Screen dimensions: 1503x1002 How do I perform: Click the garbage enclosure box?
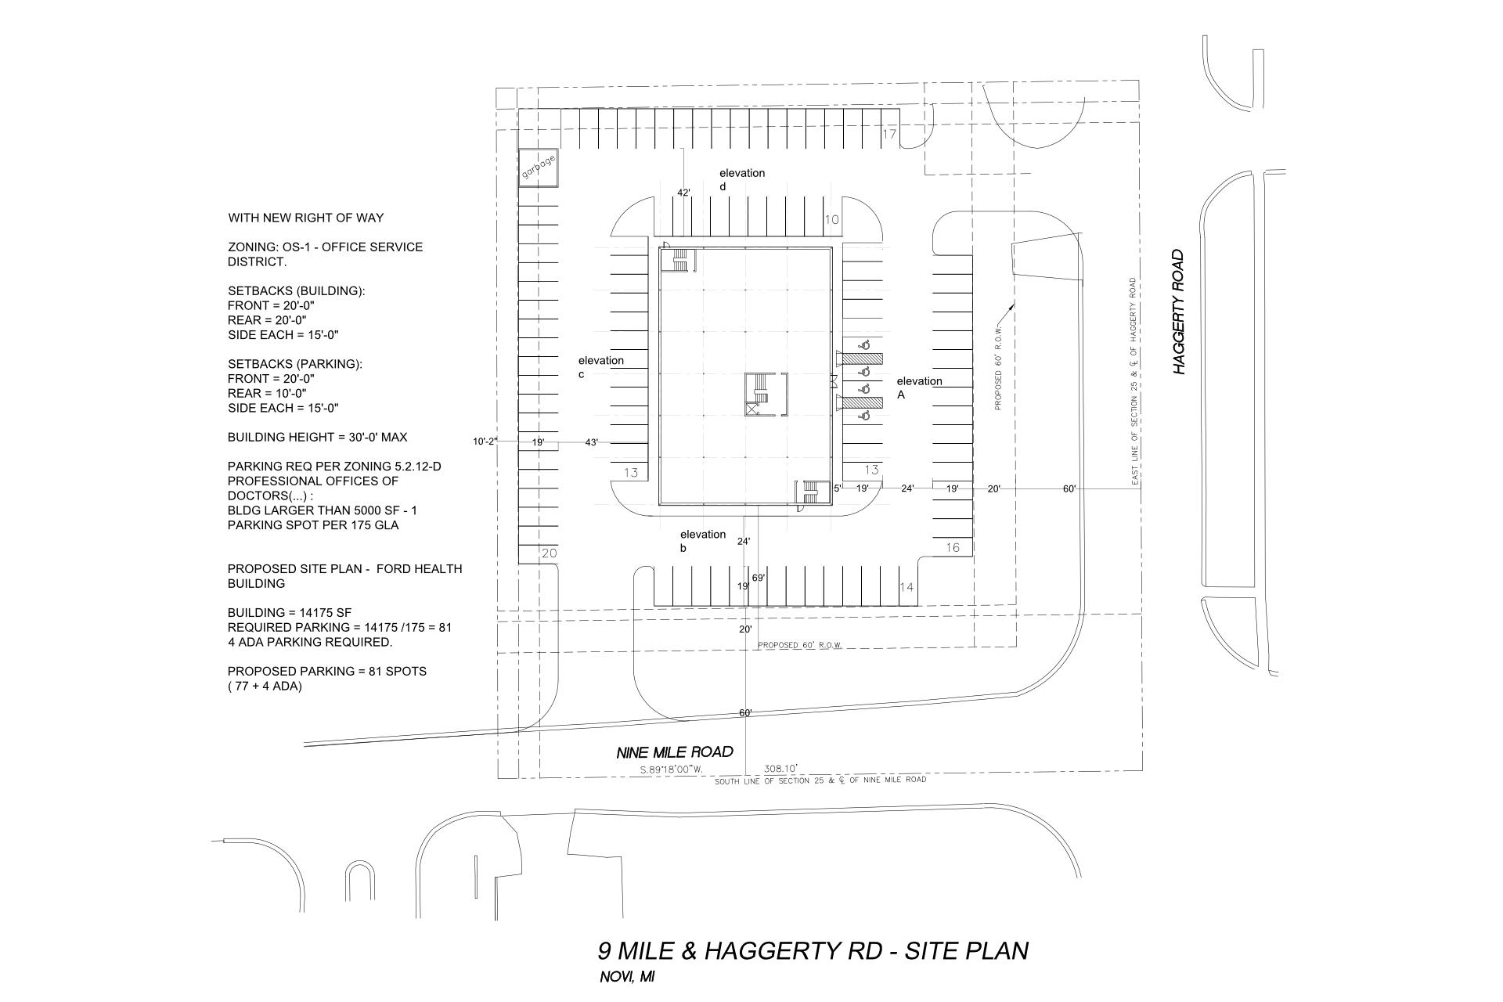(x=539, y=168)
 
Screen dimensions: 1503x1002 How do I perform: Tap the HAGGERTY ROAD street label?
(x=1180, y=312)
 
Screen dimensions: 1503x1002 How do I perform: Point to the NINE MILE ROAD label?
(x=675, y=752)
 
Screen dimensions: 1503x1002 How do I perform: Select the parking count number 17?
(x=889, y=135)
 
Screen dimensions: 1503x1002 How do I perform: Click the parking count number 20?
(x=549, y=553)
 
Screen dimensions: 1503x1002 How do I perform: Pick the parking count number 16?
(x=952, y=548)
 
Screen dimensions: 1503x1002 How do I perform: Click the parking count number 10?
(x=831, y=220)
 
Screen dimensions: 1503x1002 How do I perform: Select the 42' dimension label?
(x=683, y=193)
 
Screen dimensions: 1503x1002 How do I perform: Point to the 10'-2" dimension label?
(x=485, y=442)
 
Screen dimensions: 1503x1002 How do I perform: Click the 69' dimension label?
(x=758, y=578)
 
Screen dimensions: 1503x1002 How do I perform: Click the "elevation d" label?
(x=741, y=179)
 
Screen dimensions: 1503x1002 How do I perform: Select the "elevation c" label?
(x=600, y=367)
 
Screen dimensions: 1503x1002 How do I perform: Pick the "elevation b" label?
(x=702, y=541)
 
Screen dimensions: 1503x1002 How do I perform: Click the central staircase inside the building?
(x=759, y=392)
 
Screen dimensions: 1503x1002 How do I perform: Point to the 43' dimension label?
(x=592, y=442)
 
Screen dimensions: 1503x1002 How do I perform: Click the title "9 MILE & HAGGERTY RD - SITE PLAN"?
(x=813, y=951)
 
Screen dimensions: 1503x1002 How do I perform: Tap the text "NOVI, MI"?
(x=626, y=978)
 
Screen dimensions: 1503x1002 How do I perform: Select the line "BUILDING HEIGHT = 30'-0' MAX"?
(x=317, y=437)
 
